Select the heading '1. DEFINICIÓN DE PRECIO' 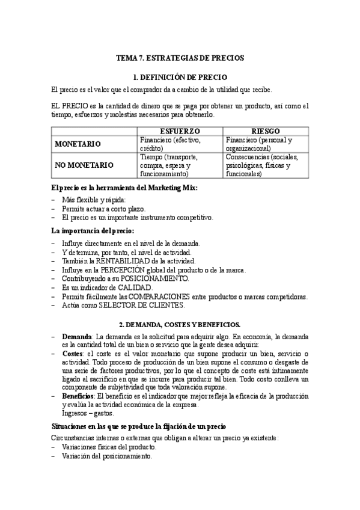pyautogui.click(x=180, y=77)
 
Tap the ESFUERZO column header pyautogui.click(x=180, y=131)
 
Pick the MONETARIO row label pyautogui.click(x=78, y=144)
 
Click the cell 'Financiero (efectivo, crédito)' pyautogui.click(x=170, y=144)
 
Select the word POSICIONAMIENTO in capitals pyautogui.click(x=154, y=279)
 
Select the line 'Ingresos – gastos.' pyautogui.click(x=88, y=414)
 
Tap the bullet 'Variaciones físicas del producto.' pyautogui.click(x=109, y=447)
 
